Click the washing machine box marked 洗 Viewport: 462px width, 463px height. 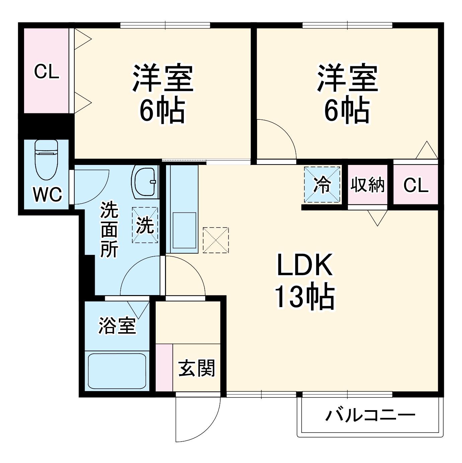[x=145, y=225]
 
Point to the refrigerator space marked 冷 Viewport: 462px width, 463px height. [x=322, y=185]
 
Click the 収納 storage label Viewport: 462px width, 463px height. [x=367, y=185]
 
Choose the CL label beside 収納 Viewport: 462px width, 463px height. [x=415, y=185]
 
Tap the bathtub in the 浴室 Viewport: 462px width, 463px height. [x=117, y=371]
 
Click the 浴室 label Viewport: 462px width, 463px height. [x=117, y=326]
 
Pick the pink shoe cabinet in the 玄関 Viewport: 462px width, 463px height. [x=164, y=367]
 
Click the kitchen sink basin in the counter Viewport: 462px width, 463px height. [x=184, y=231]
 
